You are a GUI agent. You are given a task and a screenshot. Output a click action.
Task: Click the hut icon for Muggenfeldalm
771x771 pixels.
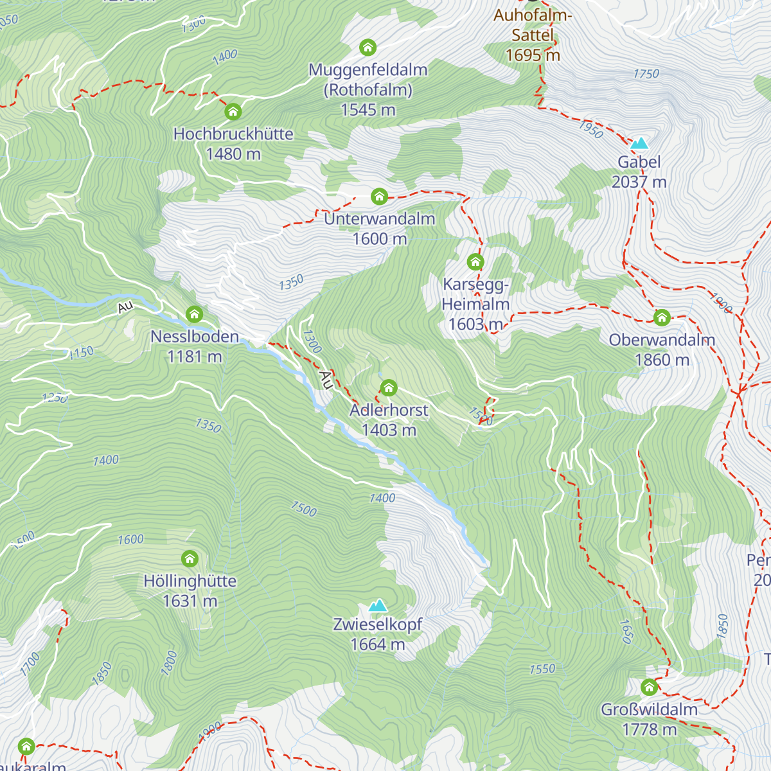point(368,48)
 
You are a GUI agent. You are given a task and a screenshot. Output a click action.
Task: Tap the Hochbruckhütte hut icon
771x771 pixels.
point(233,112)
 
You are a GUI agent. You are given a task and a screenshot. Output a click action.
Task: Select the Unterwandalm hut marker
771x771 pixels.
point(379,196)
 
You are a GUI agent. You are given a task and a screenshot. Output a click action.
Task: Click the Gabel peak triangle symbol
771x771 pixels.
point(639,143)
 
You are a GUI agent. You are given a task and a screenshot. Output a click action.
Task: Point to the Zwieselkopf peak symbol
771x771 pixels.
point(378,605)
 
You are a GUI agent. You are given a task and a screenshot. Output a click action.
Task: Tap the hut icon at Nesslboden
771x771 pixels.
point(194,314)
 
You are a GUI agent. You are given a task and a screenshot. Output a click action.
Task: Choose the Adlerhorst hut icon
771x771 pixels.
point(389,387)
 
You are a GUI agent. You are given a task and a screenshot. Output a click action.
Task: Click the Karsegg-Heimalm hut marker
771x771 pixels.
point(475,261)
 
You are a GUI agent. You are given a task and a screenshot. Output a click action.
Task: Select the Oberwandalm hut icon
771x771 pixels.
point(662,317)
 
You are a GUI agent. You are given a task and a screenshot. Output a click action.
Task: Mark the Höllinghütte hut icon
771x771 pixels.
point(190,558)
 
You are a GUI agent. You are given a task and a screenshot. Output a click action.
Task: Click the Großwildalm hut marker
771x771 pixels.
point(649,687)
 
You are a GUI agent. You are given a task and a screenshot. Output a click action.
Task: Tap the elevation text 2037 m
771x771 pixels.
point(639,182)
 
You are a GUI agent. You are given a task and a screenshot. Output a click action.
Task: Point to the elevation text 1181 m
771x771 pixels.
point(194,357)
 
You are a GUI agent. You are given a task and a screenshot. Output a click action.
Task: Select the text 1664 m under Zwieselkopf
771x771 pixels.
point(378,644)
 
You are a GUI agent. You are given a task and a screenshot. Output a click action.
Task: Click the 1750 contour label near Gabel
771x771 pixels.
point(646,74)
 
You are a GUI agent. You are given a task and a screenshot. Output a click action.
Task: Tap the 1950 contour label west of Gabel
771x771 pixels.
point(590,129)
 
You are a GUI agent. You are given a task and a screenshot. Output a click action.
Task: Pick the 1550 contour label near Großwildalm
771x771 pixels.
point(542,669)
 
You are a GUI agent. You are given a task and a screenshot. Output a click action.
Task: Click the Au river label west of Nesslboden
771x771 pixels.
point(125,308)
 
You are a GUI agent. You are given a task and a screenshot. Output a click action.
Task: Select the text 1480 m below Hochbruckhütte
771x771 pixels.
point(233,154)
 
